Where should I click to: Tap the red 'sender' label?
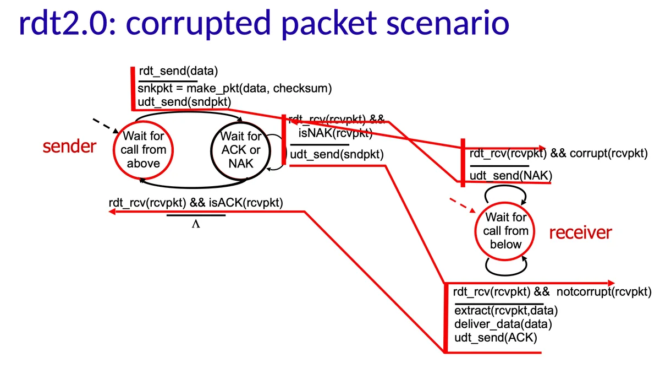[69, 147]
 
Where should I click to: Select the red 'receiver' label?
[580, 232]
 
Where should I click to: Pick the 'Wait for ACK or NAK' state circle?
[240, 149]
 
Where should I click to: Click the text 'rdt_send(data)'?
[178, 71]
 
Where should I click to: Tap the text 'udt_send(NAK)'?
[510, 176]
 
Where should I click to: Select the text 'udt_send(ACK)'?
[496, 337]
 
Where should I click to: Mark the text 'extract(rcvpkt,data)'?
[507, 310]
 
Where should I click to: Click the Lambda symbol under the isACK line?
[195, 224]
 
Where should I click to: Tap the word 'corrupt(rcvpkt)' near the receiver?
[608, 154]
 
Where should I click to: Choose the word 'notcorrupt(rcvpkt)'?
[604, 291]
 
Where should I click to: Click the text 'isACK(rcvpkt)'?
[246, 203]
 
